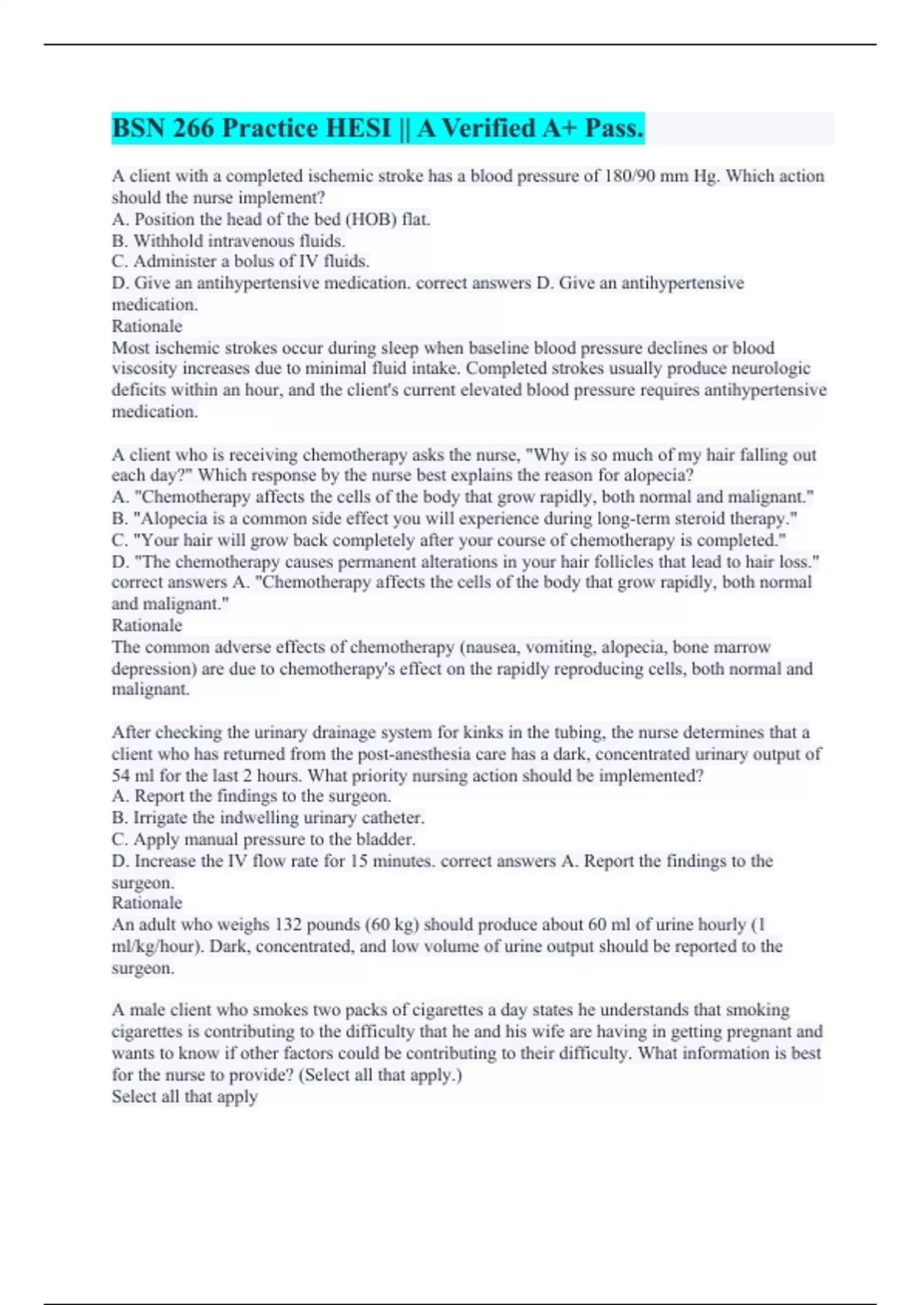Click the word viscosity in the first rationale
coord(144,368)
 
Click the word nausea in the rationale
coord(492,647)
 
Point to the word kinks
coord(479,732)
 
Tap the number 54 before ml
coord(121,776)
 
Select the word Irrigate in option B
coord(163,818)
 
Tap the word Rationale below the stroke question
coord(147,326)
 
